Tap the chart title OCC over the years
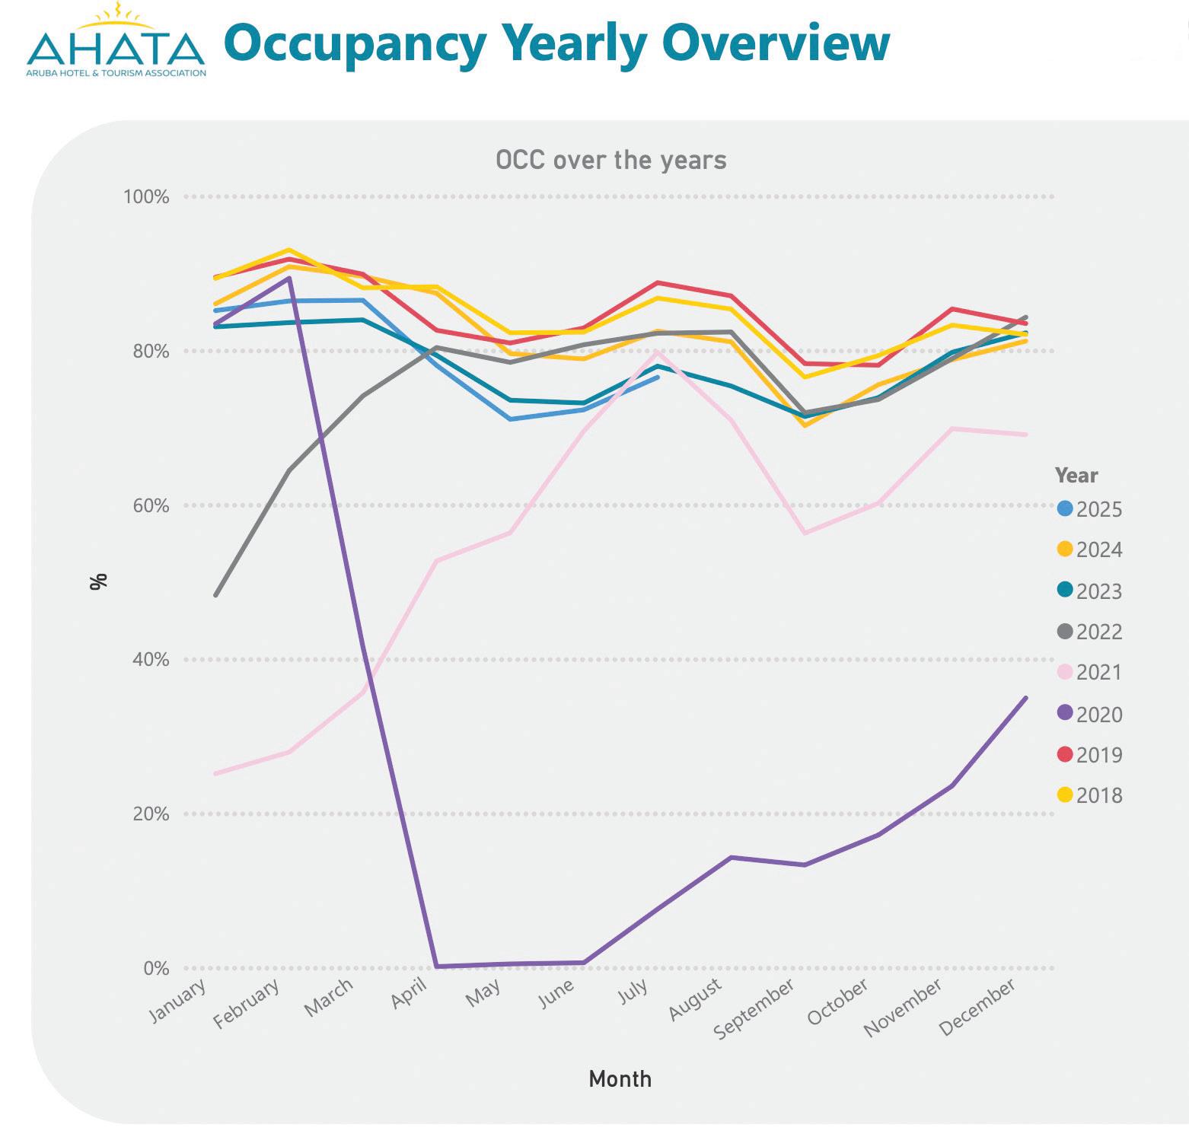coord(610,161)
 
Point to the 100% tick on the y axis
coord(146,197)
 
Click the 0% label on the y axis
coord(155,968)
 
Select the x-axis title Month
coord(620,1079)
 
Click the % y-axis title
coord(98,581)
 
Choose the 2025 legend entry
coord(1090,509)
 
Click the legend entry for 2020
coord(1090,714)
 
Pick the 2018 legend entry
coord(1090,795)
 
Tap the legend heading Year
coord(1076,476)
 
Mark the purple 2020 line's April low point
coord(436,967)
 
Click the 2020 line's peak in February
coord(288,279)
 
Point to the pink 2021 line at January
coord(216,773)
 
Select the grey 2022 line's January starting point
coord(216,594)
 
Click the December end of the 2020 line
coord(1026,698)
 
